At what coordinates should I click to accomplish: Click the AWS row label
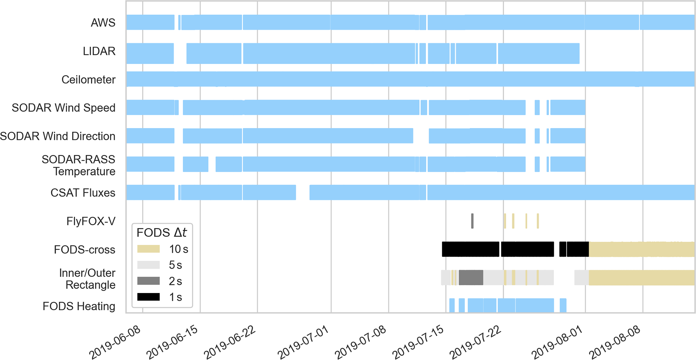(x=103, y=23)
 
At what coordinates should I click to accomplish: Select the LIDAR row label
(x=99, y=51)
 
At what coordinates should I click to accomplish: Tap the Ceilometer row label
(x=88, y=80)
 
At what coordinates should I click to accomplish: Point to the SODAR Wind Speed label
(x=64, y=108)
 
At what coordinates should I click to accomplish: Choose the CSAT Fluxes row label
(x=83, y=193)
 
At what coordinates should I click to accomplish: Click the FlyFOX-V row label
(x=91, y=221)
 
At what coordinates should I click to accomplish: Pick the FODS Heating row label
(x=79, y=306)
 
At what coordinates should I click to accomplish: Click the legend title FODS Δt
(x=162, y=233)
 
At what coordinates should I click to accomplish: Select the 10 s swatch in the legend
(x=148, y=249)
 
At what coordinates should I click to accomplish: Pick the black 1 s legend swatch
(x=148, y=297)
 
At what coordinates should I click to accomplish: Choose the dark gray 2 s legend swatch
(x=148, y=281)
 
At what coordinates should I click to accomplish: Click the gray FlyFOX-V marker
(x=472, y=221)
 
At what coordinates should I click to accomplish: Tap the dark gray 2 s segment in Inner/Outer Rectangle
(x=471, y=277)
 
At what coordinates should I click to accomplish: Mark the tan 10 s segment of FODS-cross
(x=641, y=250)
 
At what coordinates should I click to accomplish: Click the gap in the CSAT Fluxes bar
(x=303, y=193)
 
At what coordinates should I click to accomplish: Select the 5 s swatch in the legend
(x=148, y=265)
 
